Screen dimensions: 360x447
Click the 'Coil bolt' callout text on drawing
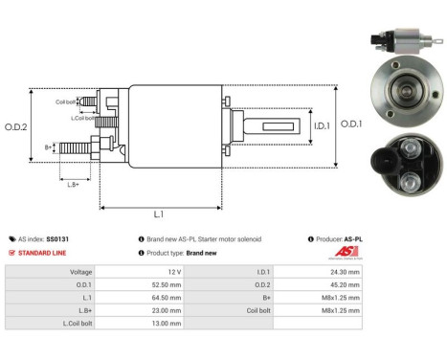tap(65, 101)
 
